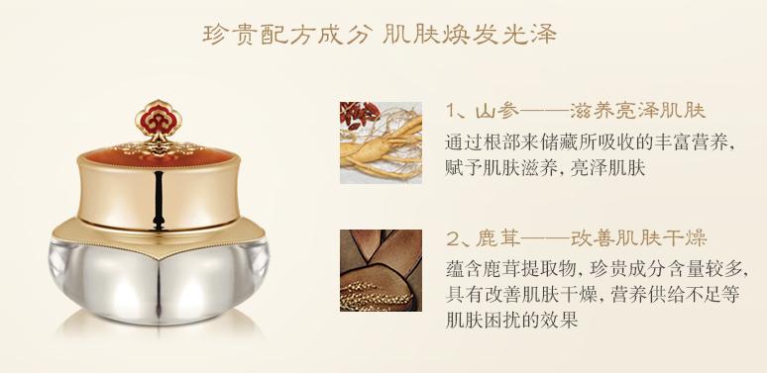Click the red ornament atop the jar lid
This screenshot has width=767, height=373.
coord(159,119)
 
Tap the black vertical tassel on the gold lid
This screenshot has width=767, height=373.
coord(158,199)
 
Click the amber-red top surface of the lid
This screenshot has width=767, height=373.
coord(158,155)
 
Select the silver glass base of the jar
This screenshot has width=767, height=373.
coord(159,282)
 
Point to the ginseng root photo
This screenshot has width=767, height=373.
coord(382,142)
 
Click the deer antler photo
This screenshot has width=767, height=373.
coord(382,270)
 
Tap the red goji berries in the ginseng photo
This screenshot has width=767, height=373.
coord(360,115)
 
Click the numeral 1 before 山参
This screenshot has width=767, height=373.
coord(452,111)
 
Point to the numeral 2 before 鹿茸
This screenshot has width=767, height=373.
coord(452,239)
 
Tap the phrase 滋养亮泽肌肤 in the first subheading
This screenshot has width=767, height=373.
coord(638,111)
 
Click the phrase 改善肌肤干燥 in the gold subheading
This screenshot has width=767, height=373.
coord(639,239)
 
